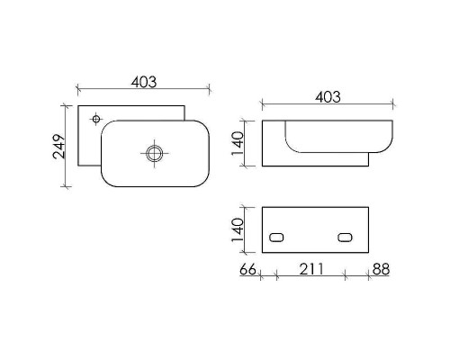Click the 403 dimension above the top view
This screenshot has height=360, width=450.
pos(143,81)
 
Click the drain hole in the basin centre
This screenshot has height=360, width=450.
pos(154,153)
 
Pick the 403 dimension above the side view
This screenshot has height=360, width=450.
pos(328,96)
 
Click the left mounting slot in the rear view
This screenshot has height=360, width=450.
pos(277,238)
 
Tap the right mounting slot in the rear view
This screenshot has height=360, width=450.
pos(345,238)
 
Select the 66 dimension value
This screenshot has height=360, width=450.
pos(250,270)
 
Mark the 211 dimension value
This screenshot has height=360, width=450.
pos(310,270)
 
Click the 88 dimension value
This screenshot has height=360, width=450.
pos(381,270)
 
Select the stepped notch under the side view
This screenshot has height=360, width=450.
pos(369,160)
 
